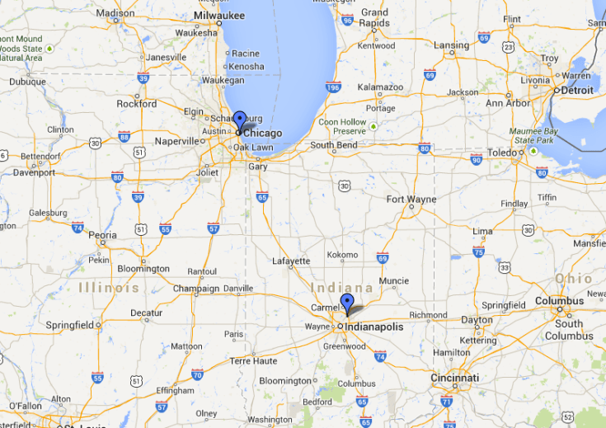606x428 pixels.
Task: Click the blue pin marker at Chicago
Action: [239, 120]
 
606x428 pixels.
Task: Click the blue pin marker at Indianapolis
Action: [347, 303]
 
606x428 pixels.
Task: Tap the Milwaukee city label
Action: [218, 16]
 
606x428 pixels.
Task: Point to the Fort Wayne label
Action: [411, 199]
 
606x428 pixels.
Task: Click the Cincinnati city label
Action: [453, 378]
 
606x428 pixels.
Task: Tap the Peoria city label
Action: [102, 235]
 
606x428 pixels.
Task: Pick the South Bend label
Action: [333, 145]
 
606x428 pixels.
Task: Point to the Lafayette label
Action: [291, 261]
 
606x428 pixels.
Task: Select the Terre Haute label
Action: [253, 361]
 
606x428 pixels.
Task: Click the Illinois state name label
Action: [109, 288]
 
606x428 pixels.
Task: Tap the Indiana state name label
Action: [342, 288]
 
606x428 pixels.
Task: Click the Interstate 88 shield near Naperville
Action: [124, 137]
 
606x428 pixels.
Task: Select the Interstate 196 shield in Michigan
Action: [333, 87]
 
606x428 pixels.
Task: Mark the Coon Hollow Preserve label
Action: [342, 126]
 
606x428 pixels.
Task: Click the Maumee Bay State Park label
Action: [536, 135]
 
